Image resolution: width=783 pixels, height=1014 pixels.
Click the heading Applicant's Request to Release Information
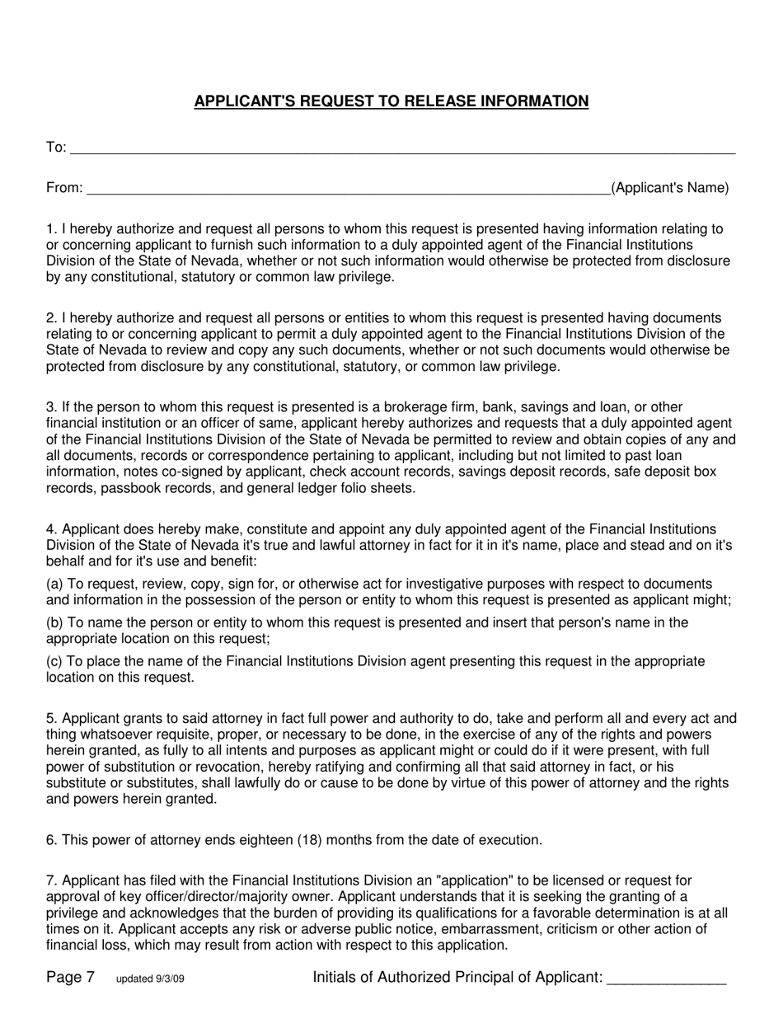tap(391, 101)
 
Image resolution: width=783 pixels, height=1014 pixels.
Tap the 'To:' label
tap(56, 148)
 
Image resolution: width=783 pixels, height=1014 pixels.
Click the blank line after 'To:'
tap(402, 150)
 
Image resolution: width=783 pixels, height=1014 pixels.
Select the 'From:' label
tap(64, 188)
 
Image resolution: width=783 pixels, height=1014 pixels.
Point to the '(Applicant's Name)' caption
tap(669, 188)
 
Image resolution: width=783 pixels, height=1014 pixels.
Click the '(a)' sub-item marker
tap(54, 584)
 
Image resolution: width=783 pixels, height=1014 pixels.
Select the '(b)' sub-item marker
tap(54, 622)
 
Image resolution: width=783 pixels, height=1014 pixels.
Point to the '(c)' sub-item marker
tap(54, 661)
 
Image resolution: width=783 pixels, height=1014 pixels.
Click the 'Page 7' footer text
tap(70, 978)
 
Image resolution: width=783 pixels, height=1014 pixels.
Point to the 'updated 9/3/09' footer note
tap(156, 979)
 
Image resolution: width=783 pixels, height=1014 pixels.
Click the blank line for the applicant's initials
tap(666, 981)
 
